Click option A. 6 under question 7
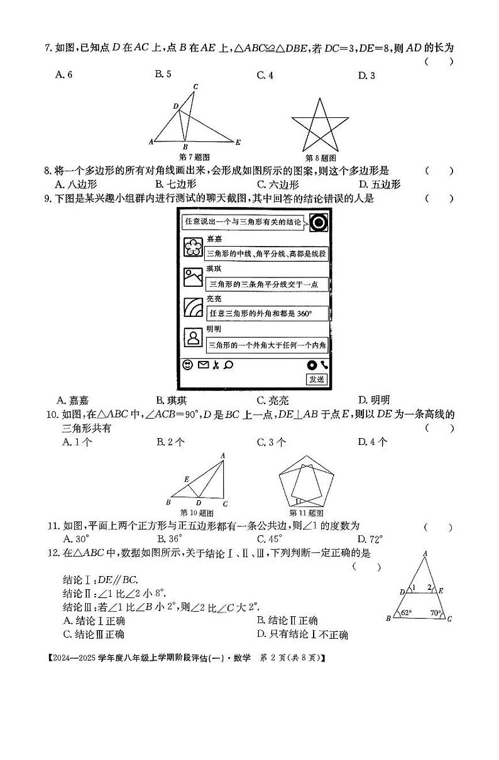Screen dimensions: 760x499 click(64, 75)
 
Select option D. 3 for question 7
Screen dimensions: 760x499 click(366, 75)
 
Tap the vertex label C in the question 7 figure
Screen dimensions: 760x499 click(195, 87)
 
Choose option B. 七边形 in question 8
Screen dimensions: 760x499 click(176, 185)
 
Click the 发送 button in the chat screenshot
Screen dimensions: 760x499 click(317, 379)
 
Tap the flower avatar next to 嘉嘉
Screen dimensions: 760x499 click(192, 247)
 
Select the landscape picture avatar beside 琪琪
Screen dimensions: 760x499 click(192, 277)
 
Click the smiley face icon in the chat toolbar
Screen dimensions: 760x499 click(187, 365)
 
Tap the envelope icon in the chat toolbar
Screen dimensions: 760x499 click(203, 365)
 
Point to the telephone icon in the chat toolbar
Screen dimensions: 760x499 click(324, 365)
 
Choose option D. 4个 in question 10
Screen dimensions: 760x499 click(373, 442)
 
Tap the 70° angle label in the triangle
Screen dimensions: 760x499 click(436, 613)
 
